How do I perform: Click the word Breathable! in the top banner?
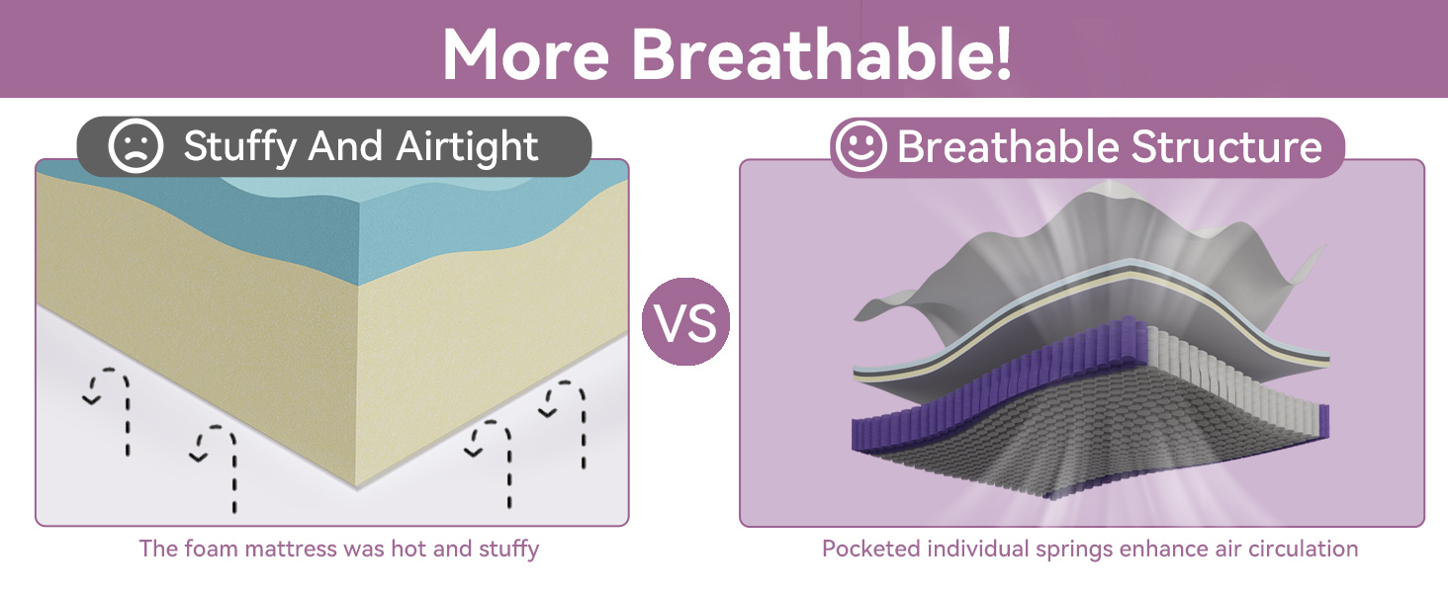(821, 54)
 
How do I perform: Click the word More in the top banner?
(525, 55)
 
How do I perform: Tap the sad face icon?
(136, 146)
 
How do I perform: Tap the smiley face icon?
(860, 146)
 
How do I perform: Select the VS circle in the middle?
(685, 321)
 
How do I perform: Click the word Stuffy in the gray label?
(239, 147)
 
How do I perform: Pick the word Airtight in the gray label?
(467, 146)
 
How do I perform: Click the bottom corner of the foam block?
(356, 487)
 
